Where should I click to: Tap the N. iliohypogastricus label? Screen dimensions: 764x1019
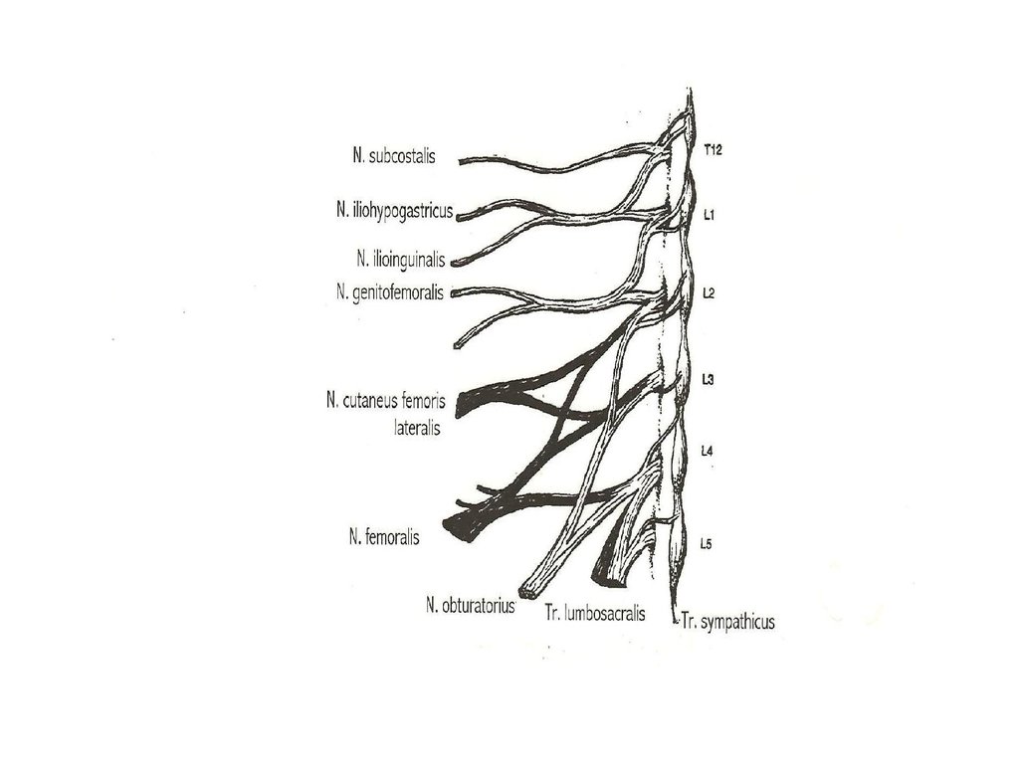[394, 211]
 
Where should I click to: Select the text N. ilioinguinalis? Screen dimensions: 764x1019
[402, 259]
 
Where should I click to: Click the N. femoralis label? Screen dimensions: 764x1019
[384, 537]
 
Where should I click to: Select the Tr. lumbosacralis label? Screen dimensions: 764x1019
[594, 614]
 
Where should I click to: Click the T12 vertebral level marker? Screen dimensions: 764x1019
[712, 150]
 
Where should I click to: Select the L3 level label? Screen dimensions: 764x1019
[709, 379]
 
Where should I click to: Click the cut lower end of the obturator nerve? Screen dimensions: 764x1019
[526, 587]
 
